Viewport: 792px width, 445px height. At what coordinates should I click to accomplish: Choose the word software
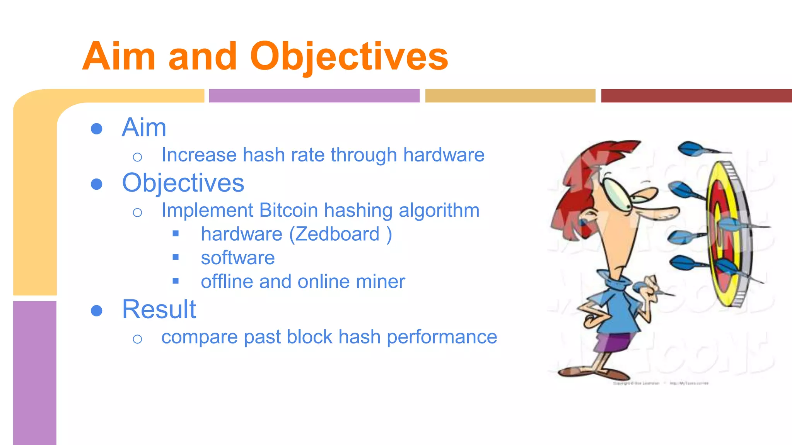[x=237, y=258]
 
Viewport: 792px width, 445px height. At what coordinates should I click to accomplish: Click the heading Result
[x=159, y=309]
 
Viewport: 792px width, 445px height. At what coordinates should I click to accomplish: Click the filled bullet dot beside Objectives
[x=96, y=184]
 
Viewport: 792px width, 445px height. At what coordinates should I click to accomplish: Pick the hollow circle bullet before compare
[x=137, y=339]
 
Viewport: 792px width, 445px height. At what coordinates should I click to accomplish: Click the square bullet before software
[x=176, y=257]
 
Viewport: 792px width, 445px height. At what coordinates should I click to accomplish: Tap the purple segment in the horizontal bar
[x=314, y=96]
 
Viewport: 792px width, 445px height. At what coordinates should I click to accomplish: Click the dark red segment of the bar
[x=696, y=96]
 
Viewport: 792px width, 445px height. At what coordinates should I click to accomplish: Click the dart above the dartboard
[x=696, y=149]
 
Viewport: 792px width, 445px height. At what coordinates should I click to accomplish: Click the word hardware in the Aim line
[x=444, y=155]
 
